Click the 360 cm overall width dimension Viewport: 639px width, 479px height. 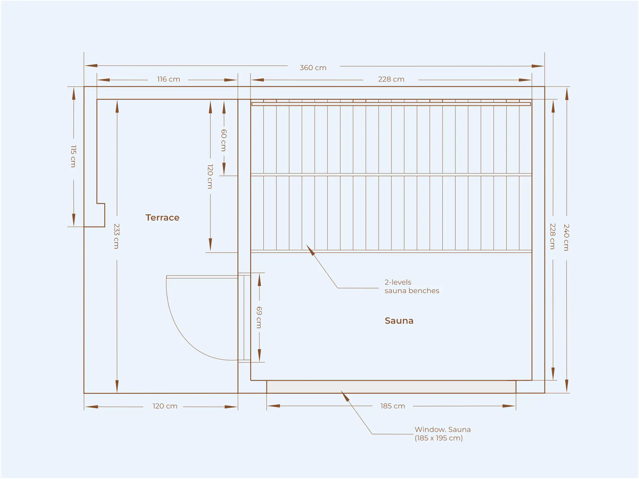tap(313, 68)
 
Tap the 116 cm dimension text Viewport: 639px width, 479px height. tap(169, 79)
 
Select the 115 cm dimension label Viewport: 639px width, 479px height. tap(73, 156)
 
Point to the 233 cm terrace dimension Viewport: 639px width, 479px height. tap(117, 236)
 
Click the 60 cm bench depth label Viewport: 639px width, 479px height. tap(224, 140)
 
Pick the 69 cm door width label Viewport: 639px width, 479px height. tap(259, 317)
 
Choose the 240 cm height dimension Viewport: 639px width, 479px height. tap(566, 237)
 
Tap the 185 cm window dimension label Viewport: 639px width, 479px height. tap(393, 406)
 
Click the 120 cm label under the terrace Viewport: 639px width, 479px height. tap(165, 406)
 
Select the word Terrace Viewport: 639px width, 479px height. tap(163, 218)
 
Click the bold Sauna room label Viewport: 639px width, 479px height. tap(399, 321)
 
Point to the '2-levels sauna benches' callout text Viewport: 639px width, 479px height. tap(412, 286)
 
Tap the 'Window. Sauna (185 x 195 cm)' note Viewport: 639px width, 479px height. tap(443, 434)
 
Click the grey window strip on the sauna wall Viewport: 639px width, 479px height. tap(391, 387)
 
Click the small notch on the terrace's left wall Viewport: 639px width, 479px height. tap(101, 215)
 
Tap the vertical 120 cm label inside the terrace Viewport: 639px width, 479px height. tap(210, 176)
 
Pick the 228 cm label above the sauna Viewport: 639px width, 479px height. tap(391, 79)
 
